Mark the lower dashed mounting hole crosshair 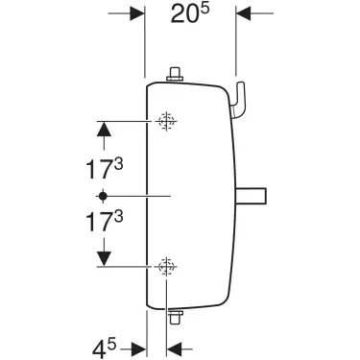[166, 266]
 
